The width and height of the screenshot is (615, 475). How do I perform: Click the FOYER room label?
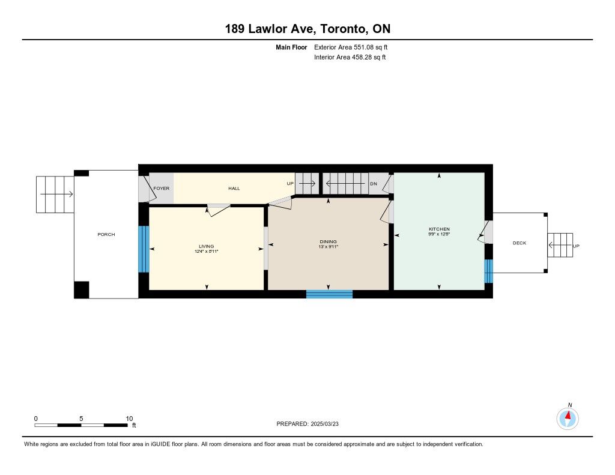[161, 189]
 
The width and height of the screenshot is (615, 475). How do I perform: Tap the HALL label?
[234, 189]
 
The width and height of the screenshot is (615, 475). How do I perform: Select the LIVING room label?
[207, 246]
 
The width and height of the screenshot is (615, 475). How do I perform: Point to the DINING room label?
[329, 241]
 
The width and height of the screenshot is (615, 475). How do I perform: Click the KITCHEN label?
[439, 229]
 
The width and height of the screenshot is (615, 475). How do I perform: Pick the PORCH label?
[106, 235]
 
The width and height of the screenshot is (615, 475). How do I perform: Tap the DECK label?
[520, 243]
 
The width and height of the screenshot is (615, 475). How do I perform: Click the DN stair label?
[374, 184]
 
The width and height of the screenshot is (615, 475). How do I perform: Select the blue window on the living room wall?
[144, 249]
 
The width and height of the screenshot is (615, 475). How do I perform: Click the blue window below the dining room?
[330, 294]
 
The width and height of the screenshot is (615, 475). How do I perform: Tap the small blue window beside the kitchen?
[489, 271]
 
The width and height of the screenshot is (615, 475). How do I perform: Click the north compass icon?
[568, 418]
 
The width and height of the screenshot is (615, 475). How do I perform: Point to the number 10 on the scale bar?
[129, 419]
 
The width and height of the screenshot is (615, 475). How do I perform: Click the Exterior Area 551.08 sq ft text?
[351, 47]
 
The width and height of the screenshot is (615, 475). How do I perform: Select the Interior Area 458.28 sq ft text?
[350, 57]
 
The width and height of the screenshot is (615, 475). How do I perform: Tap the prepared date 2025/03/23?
[324, 424]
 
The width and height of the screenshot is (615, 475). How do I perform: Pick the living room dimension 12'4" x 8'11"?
[207, 252]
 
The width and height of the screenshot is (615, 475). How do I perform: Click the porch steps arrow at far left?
[56, 194]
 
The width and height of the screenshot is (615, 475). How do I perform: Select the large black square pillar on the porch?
[82, 290]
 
